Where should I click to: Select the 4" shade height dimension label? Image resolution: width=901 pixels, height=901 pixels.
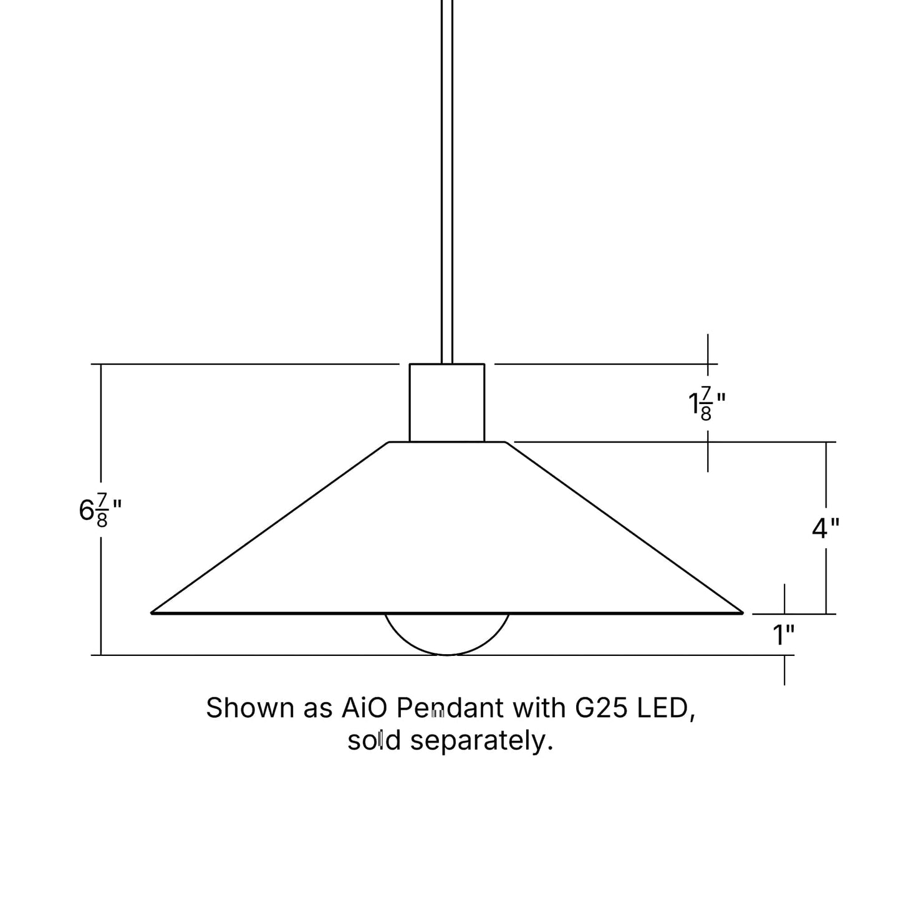(825, 528)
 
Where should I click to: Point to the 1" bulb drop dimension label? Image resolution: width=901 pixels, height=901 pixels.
(783, 635)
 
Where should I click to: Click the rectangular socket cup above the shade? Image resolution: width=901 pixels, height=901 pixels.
(446, 403)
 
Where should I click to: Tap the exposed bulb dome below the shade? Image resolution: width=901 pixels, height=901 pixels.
(446, 635)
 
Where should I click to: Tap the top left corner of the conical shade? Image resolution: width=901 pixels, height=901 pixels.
(390, 443)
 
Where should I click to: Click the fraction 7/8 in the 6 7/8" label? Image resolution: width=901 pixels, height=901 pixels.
(102, 510)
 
